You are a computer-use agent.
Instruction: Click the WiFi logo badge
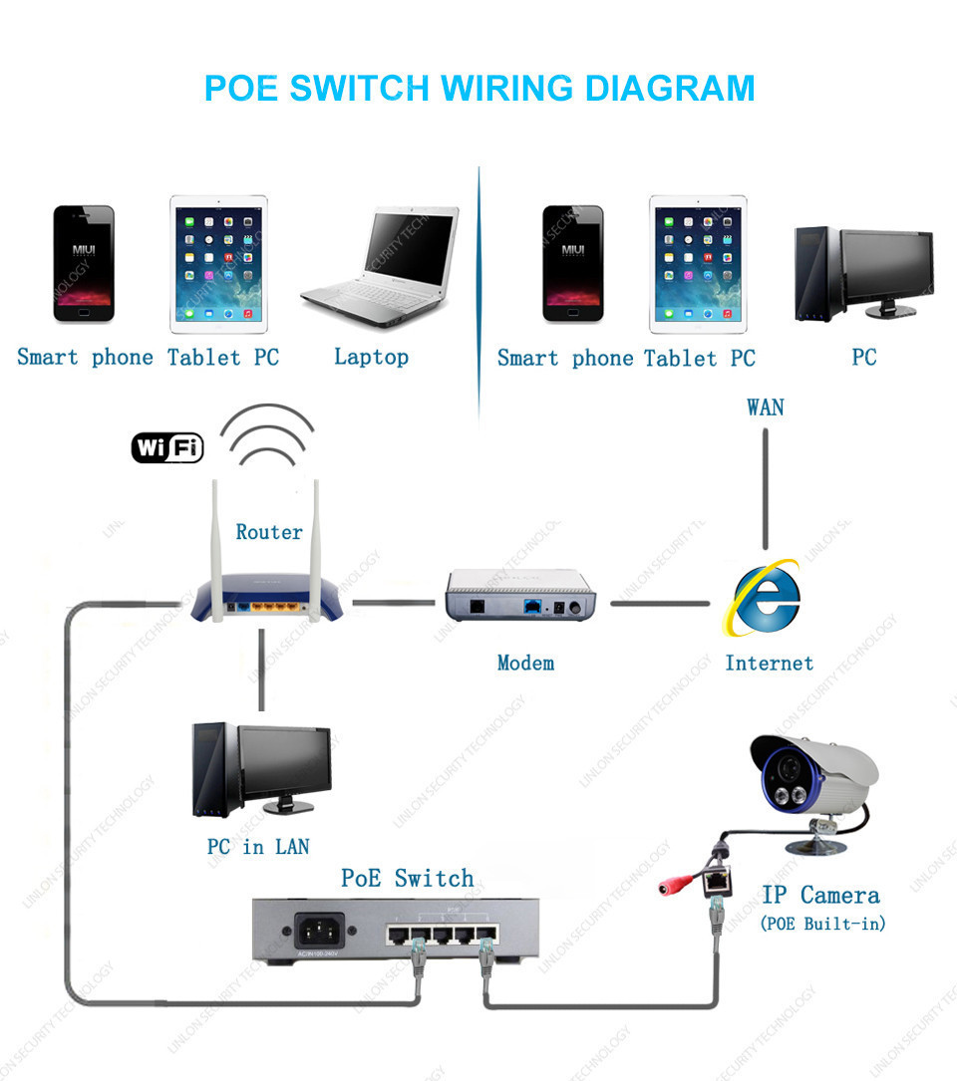[x=167, y=447]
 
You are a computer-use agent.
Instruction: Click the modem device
[x=519, y=596]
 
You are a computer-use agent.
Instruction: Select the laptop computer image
[x=380, y=269]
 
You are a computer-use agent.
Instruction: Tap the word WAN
[x=765, y=406]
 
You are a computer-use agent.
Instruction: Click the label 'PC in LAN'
[x=258, y=847]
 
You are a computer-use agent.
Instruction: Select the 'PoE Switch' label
[x=407, y=878]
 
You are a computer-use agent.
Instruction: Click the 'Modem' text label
[x=525, y=663]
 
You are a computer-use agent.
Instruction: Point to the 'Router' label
[x=268, y=532]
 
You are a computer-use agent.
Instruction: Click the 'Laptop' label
[x=371, y=357]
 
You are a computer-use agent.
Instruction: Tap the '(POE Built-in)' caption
[x=822, y=924]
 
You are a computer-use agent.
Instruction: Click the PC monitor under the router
[x=284, y=762]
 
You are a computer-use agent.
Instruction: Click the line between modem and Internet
[x=660, y=603]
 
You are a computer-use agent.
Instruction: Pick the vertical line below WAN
[x=765, y=488]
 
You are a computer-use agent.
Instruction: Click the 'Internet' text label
[x=769, y=663]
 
